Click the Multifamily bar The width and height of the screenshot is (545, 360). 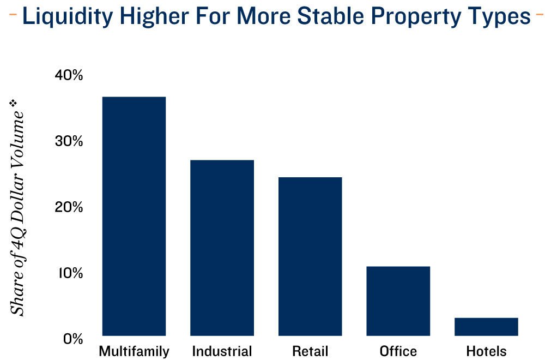tap(134, 216)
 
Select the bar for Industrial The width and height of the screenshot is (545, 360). tap(222, 248)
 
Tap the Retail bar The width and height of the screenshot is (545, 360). tap(310, 256)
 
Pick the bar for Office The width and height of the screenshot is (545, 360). tap(398, 301)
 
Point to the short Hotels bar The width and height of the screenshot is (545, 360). tap(486, 326)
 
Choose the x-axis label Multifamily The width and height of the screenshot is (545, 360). tap(134, 351)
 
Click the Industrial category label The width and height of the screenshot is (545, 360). tap(222, 351)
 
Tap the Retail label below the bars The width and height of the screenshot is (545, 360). tap(310, 351)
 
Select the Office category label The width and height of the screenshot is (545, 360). tap(398, 351)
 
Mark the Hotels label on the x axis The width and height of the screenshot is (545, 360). tap(486, 351)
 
